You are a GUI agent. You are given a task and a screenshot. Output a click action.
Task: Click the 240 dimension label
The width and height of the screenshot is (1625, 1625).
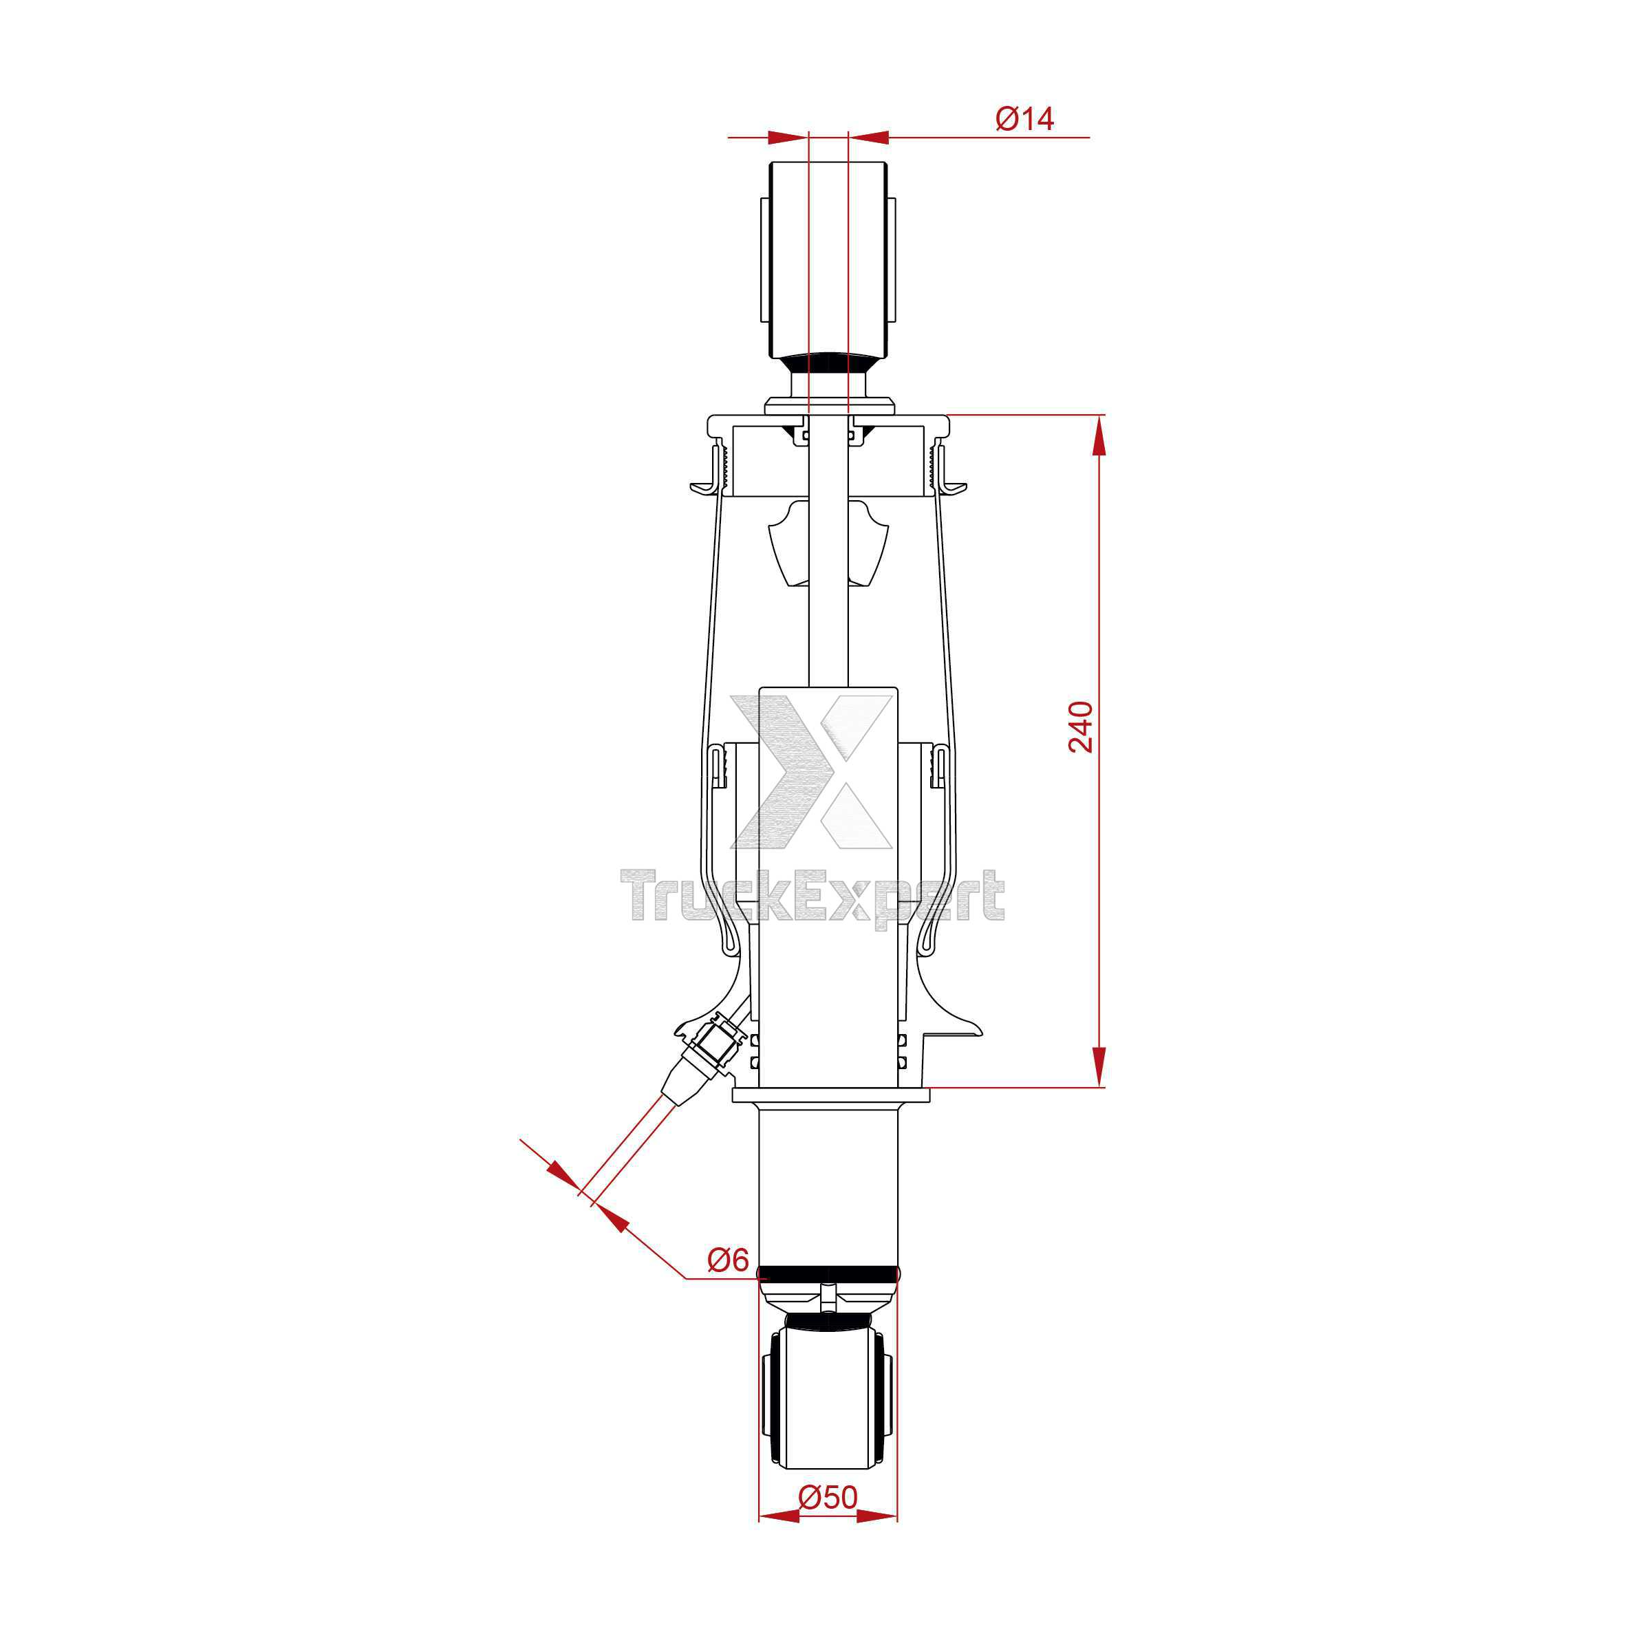click(x=1081, y=727)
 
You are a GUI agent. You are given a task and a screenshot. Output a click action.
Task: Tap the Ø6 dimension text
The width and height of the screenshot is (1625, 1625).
click(x=729, y=1260)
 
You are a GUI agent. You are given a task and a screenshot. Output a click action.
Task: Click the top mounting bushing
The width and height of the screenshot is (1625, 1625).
click(x=828, y=260)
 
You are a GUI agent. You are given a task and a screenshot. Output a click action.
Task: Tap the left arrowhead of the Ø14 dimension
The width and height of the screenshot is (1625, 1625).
click(x=787, y=136)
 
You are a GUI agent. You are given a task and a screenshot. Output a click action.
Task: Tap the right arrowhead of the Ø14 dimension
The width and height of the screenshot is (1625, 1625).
click(x=869, y=136)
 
